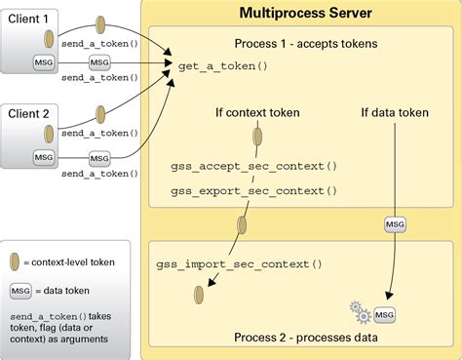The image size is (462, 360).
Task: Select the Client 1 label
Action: pyautogui.click(x=29, y=18)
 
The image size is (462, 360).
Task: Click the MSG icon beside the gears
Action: pyautogui.click(x=385, y=314)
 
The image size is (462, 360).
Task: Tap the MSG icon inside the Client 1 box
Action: pyautogui.click(x=44, y=63)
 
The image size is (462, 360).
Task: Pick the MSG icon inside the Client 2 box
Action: pyautogui.click(x=44, y=156)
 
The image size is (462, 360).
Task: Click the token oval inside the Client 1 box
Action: pyautogui.click(x=45, y=40)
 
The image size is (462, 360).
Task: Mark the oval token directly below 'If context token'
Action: pyautogui.click(x=257, y=138)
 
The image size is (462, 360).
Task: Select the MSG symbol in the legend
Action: pyautogui.click(x=19, y=291)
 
